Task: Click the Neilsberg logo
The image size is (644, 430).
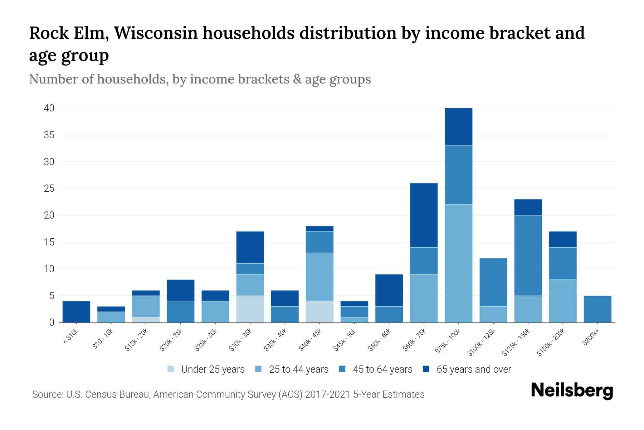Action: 572,391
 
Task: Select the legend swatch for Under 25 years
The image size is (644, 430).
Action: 171,369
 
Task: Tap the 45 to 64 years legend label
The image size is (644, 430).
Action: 382,369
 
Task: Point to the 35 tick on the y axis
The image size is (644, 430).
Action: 49,135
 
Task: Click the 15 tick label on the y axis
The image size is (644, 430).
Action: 49,242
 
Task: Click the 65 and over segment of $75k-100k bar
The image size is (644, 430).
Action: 458,127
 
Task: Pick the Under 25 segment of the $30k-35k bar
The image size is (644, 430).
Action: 250,309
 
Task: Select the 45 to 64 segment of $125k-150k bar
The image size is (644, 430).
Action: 528,255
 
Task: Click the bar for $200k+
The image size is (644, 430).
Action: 597,309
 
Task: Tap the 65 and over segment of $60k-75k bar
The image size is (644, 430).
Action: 424,215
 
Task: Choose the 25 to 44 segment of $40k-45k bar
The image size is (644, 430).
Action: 319,277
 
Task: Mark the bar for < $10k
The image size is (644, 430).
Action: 76,312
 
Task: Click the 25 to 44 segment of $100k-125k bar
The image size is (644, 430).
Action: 493,314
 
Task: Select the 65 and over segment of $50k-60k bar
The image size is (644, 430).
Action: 389,290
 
